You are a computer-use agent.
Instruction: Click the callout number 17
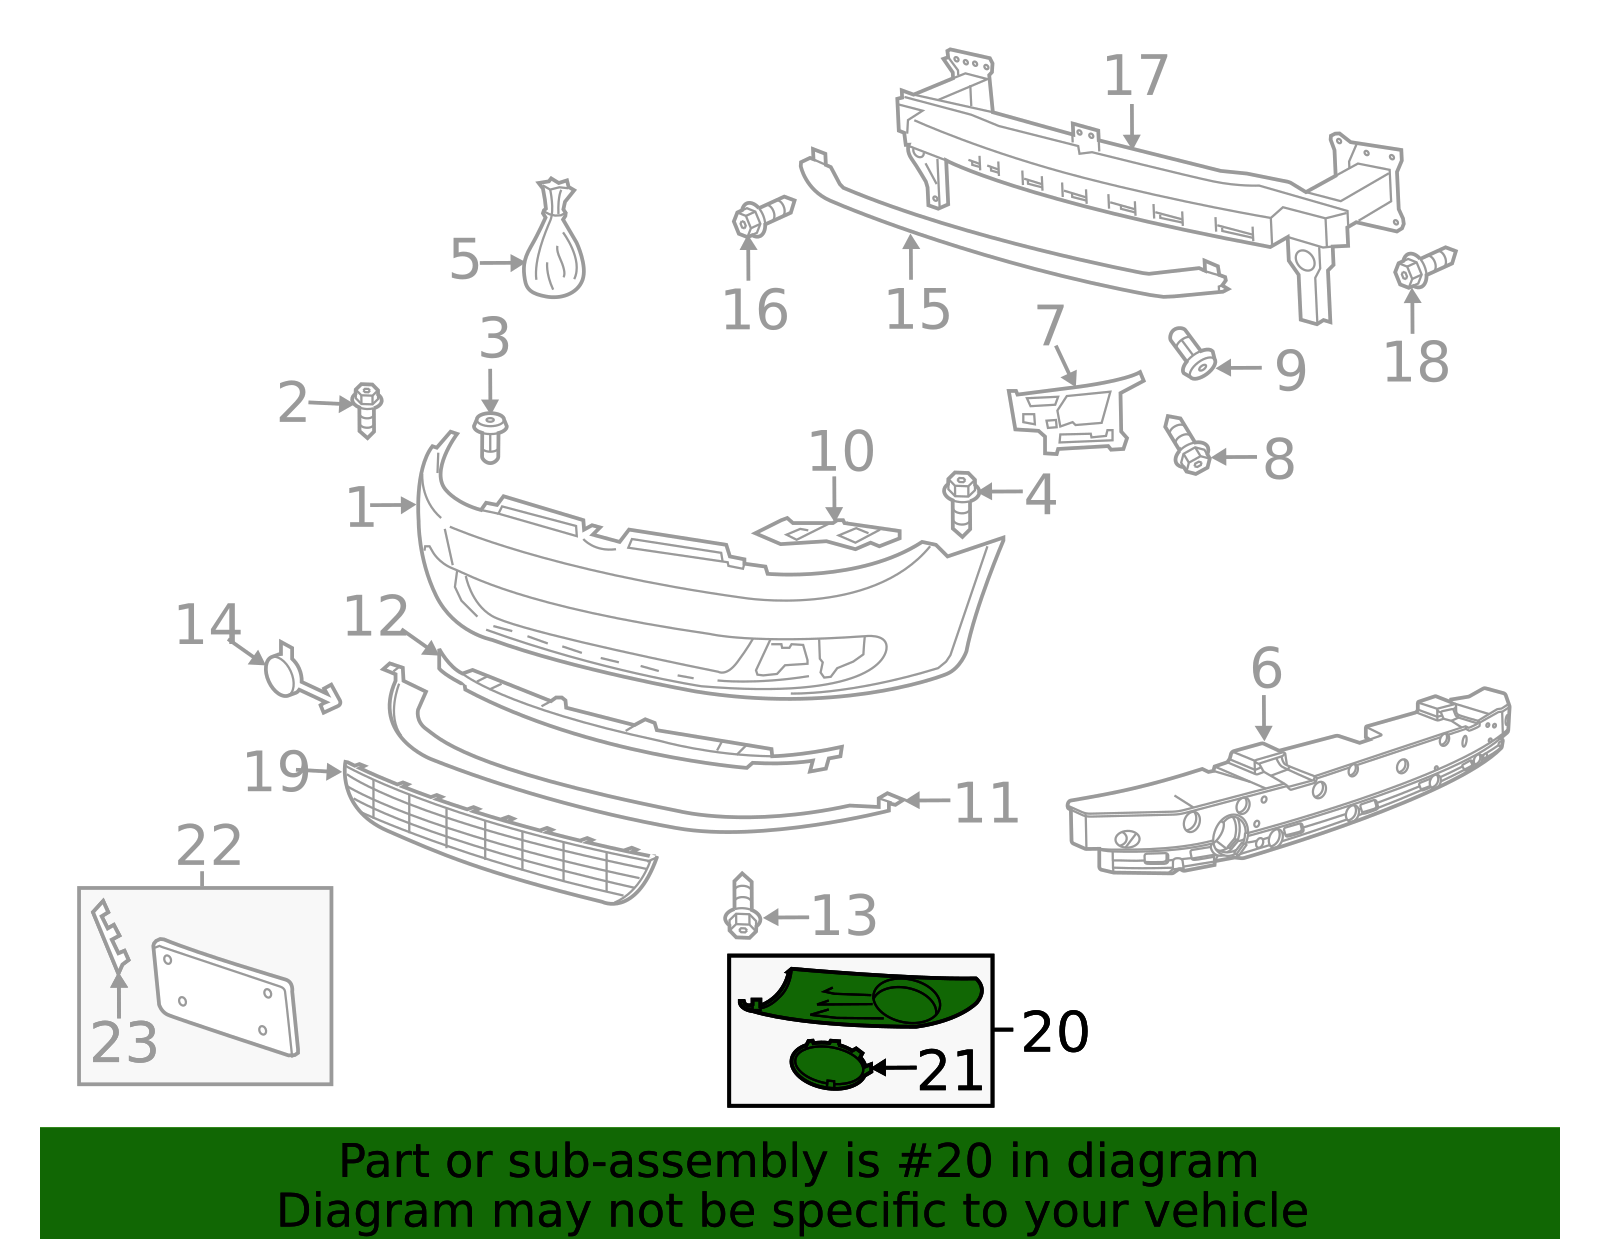[1136, 76]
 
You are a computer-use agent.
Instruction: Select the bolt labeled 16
[760, 217]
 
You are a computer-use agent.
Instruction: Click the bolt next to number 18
[1422, 267]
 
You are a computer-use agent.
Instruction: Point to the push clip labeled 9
[1192, 353]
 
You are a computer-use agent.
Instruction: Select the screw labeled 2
[367, 407]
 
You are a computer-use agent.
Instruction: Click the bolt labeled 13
[741, 908]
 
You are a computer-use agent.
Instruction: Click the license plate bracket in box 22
[225, 995]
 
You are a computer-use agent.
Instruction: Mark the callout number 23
[123, 1042]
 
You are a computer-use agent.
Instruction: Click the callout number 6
[1266, 667]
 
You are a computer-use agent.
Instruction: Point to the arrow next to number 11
[926, 800]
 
